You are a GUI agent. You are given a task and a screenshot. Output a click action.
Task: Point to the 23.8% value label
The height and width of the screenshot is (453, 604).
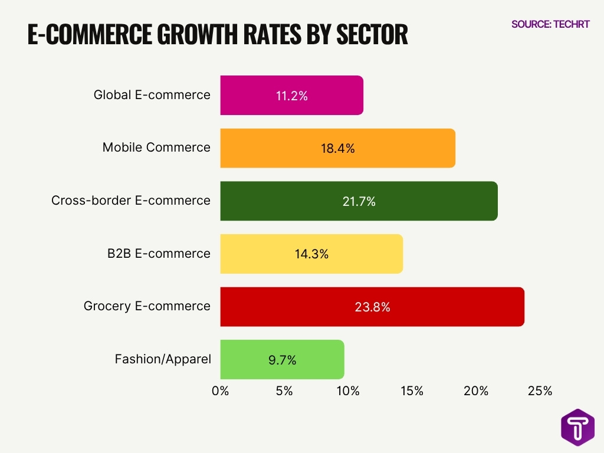click(372, 307)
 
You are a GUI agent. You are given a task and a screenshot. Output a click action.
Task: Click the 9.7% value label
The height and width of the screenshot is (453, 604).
click(282, 360)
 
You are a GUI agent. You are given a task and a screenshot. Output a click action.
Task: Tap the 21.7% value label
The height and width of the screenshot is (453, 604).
click(359, 201)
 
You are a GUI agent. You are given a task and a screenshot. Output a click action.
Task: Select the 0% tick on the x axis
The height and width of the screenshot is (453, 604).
click(221, 390)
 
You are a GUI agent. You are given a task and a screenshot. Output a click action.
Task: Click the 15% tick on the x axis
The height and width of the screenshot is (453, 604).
click(412, 390)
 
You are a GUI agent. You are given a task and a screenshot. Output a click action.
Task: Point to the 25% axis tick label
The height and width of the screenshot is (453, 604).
click(540, 390)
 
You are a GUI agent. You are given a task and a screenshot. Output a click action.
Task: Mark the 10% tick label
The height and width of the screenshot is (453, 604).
click(348, 390)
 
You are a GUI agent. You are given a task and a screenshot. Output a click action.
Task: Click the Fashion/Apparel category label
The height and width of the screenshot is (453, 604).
click(163, 359)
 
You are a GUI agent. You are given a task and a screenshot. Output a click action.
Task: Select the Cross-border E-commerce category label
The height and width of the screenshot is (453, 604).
click(131, 201)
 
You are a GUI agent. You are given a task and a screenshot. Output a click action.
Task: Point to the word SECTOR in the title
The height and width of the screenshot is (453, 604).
click(372, 35)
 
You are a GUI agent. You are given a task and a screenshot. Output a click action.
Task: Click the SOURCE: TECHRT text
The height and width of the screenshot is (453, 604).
click(550, 24)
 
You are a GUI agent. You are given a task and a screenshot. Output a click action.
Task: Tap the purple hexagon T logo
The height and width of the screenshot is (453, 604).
click(577, 426)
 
